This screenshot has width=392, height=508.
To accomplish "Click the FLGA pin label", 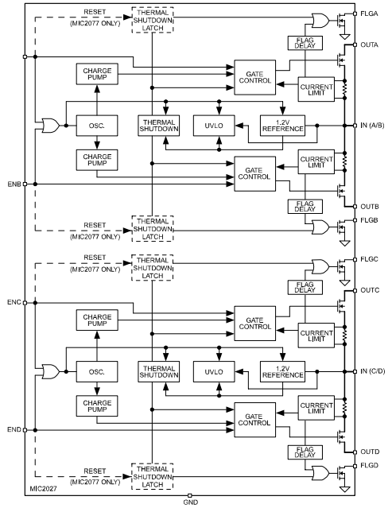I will tap(369, 14).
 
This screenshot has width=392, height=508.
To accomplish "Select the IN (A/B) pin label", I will tap(372, 126).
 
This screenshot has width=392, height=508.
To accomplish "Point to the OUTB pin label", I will tap(369, 207).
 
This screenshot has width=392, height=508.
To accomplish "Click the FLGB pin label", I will tap(369, 220).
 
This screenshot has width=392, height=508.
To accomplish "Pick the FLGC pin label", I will tap(369, 260).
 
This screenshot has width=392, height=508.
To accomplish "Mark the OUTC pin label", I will tap(369, 290).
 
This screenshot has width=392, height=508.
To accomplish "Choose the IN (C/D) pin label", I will tap(372, 371).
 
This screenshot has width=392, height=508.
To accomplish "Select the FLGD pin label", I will tap(369, 466).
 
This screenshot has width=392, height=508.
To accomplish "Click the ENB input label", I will tap(14, 184).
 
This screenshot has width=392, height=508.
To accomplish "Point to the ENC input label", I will tap(14, 303).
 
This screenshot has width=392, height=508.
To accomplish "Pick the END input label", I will tap(14, 429).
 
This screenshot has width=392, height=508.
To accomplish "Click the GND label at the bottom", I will tap(190, 502).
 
